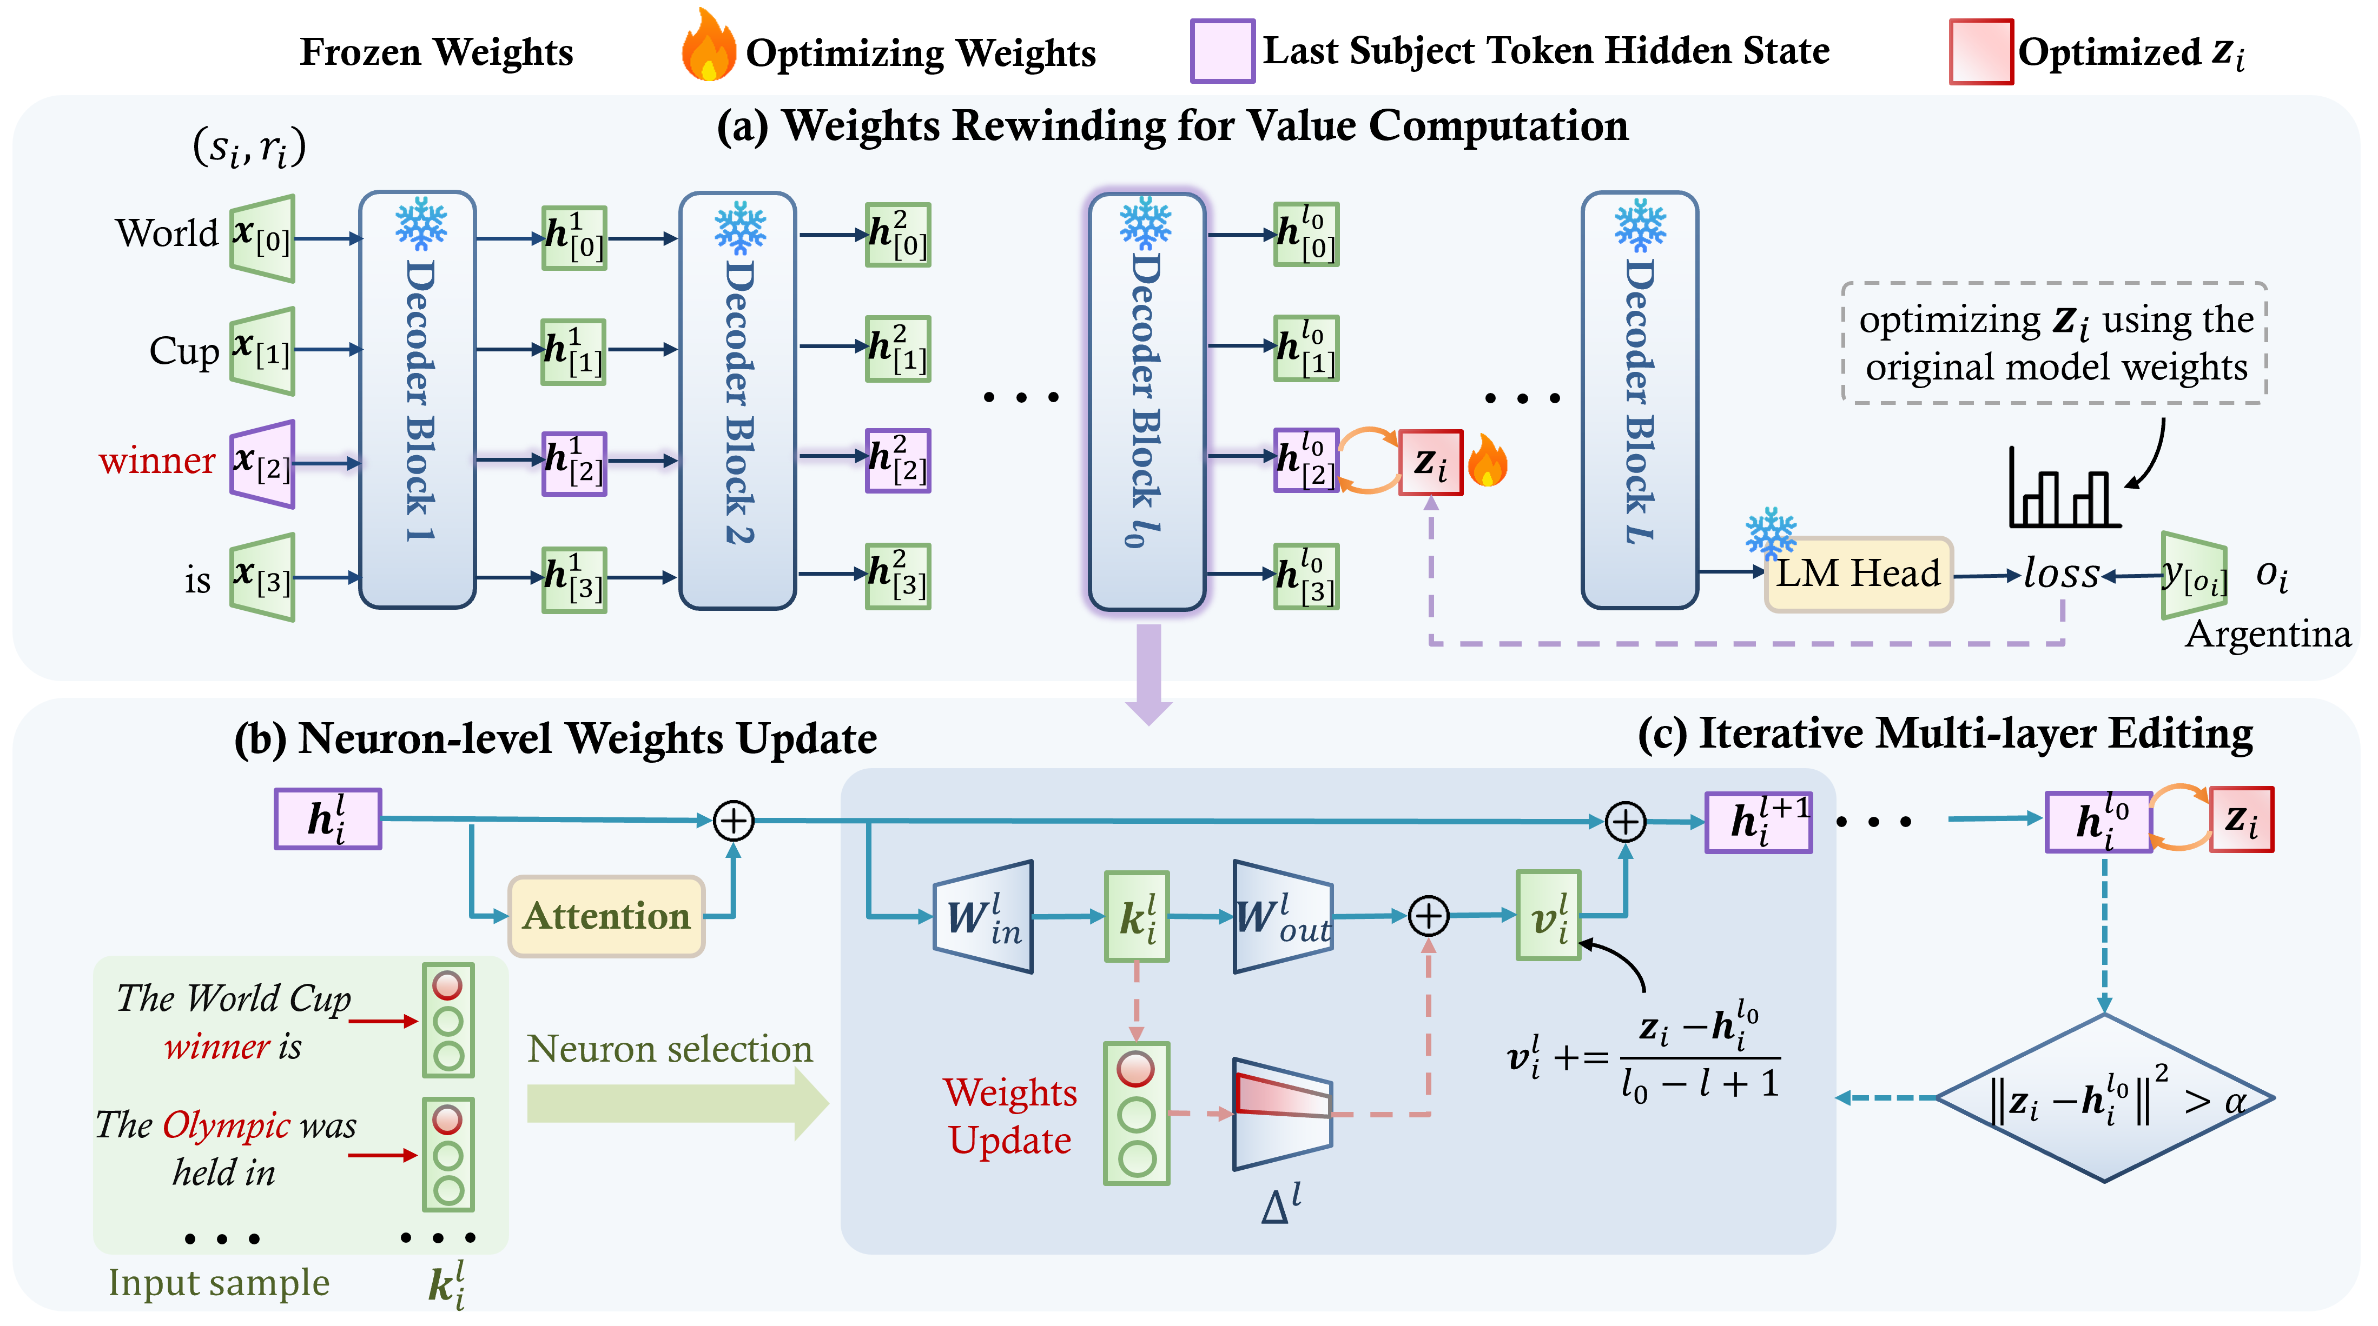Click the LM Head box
(1858, 574)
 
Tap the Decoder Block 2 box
(738, 401)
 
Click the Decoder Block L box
(1640, 401)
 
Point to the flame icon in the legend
(708, 45)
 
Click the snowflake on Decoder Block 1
(421, 223)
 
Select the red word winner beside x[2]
(157, 459)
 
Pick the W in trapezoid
(982, 916)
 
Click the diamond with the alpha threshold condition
(2104, 1098)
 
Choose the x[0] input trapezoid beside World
(262, 238)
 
